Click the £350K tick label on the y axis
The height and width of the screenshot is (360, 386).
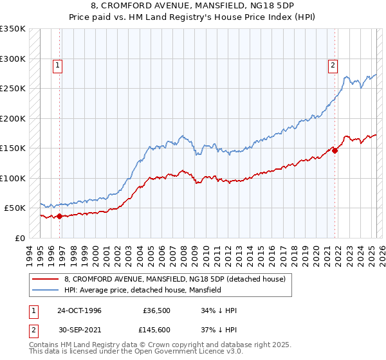(12, 29)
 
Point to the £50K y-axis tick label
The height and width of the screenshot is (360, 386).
(15, 208)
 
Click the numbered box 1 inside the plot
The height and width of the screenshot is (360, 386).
(58, 64)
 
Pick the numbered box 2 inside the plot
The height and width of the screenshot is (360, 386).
(333, 64)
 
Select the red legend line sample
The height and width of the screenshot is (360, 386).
(46, 279)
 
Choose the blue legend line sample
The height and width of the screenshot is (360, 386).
(46, 290)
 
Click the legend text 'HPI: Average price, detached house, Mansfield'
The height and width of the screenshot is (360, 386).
(142, 290)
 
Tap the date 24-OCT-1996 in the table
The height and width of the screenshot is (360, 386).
(79, 310)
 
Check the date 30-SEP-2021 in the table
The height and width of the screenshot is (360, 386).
(79, 331)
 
